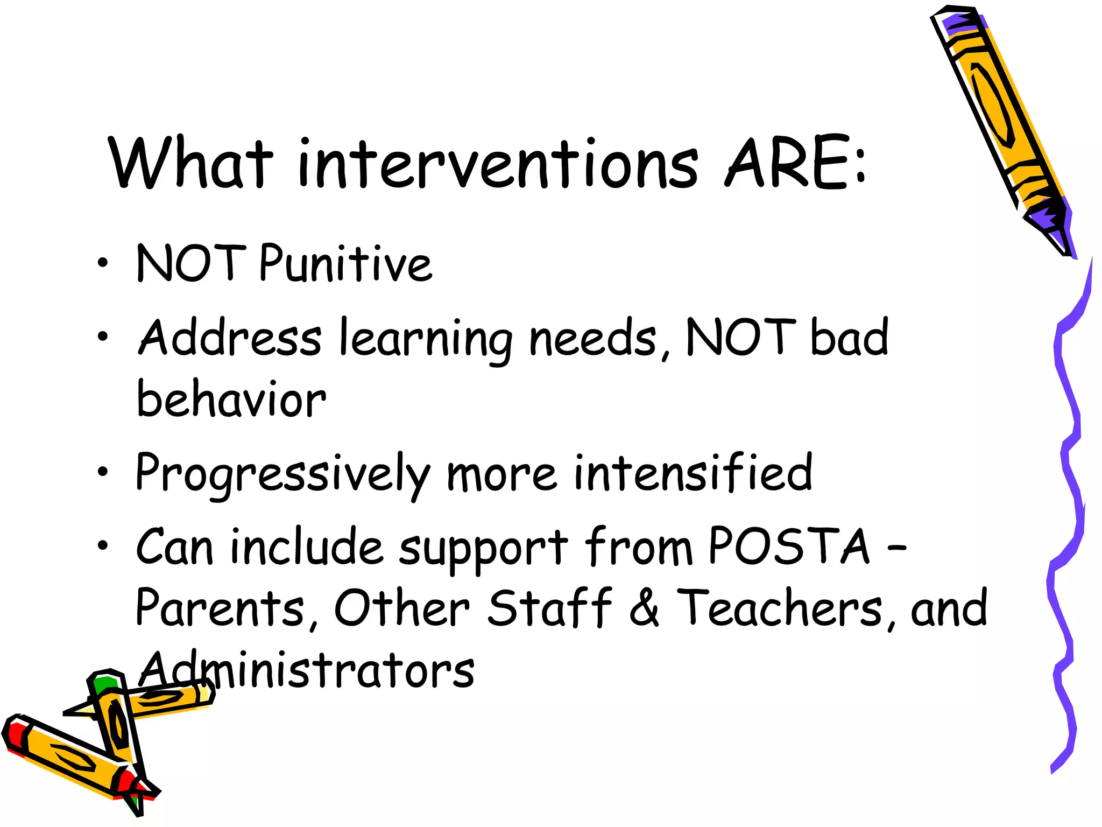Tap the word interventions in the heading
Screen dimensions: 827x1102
click(498, 164)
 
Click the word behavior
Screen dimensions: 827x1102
click(231, 400)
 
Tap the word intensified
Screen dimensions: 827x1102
click(693, 473)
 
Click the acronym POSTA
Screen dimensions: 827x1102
click(789, 546)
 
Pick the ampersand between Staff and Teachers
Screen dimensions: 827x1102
click(644, 608)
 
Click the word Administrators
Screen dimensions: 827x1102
click(307, 670)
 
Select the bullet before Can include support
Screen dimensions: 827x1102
click(103, 546)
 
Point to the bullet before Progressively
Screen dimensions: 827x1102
click(103, 472)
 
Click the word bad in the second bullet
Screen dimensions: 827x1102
click(849, 338)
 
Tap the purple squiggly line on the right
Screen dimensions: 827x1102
click(1068, 485)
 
